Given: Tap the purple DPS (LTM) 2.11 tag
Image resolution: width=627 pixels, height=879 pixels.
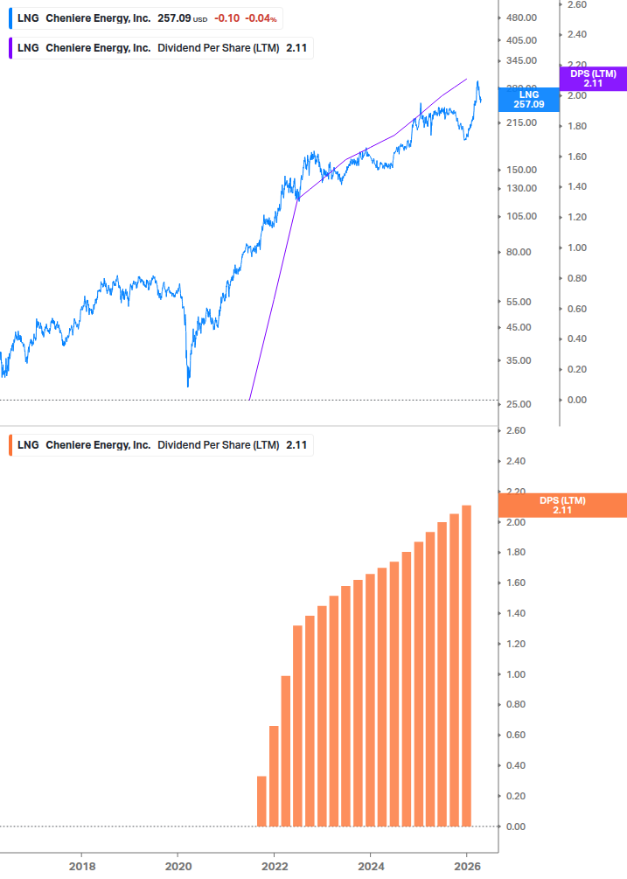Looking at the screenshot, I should [x=593, y=79].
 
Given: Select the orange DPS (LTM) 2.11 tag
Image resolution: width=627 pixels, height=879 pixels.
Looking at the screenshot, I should [x=562, y=506].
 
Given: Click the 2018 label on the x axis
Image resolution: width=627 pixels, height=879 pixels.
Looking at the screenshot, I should [x=81, y=866].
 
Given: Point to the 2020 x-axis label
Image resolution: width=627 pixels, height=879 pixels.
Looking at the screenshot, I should [x=178, y=866].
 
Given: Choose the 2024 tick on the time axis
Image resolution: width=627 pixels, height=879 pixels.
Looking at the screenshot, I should [x=370, y=866].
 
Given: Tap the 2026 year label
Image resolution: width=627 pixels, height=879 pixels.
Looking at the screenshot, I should [x=466, y=866].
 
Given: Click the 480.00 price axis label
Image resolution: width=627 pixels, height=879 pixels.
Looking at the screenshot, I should [x=520, y=17].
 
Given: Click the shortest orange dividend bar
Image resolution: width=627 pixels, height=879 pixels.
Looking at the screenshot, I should [x=261, y=801].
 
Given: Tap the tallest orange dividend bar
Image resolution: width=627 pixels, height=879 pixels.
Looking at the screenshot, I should [x=467, y=666].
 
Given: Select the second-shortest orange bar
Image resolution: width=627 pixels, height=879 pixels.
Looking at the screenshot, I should [x=274, y=776].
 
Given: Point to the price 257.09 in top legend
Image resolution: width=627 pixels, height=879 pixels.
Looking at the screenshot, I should [x=174, y=17].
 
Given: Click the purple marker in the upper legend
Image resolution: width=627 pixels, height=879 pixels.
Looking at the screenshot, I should [x=10, y=48].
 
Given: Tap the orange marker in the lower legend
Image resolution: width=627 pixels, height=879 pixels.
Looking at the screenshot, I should [x=10, y=445].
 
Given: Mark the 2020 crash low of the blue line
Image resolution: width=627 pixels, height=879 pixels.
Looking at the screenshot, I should [x=188, y=385].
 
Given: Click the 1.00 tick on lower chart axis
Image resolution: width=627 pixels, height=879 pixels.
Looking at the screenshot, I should [x=515, y=674].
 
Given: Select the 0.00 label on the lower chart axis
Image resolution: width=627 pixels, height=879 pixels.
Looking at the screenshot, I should [x=515, y=827].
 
